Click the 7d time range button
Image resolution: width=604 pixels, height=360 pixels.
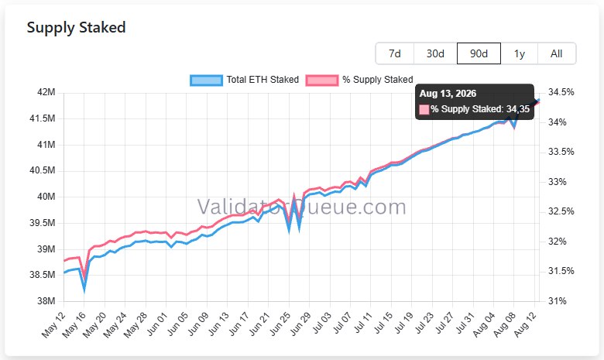pos(395,53)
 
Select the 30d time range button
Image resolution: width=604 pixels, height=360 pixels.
pos(435,53)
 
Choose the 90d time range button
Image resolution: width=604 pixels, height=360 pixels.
pos(479,53)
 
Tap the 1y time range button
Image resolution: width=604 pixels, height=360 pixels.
pos(520,53)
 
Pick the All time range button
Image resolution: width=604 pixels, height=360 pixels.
pos(556,53)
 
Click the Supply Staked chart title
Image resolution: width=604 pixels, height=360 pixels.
pos(76,28)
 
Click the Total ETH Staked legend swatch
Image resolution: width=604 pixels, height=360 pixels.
pos(206,80)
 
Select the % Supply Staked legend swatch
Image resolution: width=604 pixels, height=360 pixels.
pos(322,80)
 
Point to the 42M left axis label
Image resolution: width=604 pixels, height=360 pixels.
pos(46,92)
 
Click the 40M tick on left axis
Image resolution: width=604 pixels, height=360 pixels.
pos(46,197)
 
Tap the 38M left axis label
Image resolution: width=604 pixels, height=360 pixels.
pos(46,301)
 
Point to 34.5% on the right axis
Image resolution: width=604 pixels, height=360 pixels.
pos(561,92)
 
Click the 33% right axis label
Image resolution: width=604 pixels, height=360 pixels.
pos(558,182)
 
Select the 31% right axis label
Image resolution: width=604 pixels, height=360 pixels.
pos(558,301)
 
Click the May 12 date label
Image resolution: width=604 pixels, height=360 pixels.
pos(53,325)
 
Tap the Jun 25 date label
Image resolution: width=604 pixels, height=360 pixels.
pos(280,324)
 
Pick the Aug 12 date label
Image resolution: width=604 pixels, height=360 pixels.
pos(526,324)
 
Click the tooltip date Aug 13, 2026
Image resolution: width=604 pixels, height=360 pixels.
pos(448,94)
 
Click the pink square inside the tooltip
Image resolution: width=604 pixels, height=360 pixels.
pos(424,110)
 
